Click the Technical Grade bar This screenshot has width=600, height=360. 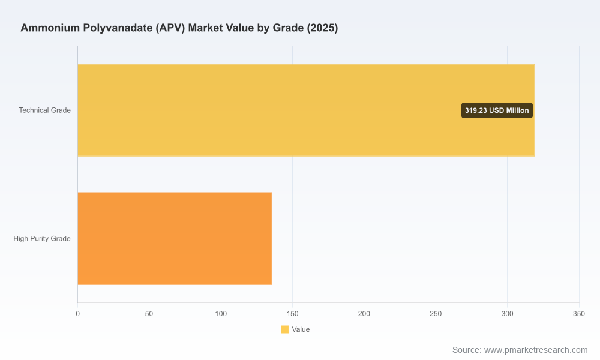(306, 110)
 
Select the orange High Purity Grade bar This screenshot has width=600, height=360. (175, 238)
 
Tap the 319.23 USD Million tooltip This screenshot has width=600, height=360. (497, 110)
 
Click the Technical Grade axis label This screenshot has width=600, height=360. (45, 110)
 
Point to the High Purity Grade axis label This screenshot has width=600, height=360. (42, 239)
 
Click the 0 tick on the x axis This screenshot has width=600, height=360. (77, 314)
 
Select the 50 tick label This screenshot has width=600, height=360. (149, 314)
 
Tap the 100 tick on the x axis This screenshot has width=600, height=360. (221, 314)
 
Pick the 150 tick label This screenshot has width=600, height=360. (292, 314)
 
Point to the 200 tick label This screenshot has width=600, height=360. (364, 314)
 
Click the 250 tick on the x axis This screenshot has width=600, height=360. (436, 314)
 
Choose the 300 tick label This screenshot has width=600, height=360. (508, 314)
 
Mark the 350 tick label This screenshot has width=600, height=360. (579, 314)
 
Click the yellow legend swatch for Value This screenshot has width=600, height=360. (284, 329)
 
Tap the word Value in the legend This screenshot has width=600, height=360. (301, 329)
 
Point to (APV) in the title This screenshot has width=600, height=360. (170, 28)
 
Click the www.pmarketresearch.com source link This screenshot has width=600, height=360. (536, 350)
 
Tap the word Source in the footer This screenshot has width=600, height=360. (467, 350)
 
